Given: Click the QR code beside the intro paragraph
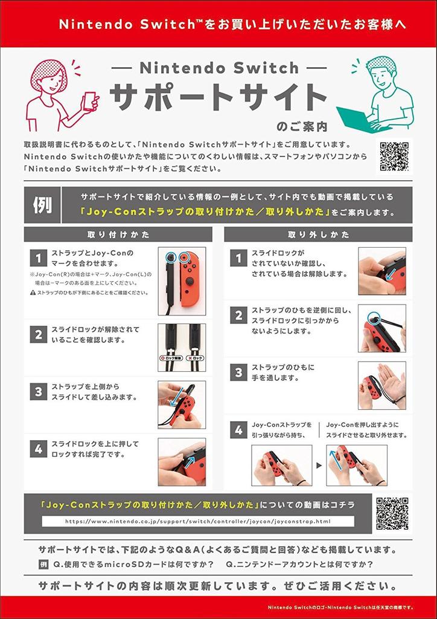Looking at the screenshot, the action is pyautogui.click(x=394, y=157).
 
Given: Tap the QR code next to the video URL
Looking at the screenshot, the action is pyautogui.click(x=392, y=513).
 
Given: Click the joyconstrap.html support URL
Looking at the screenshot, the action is pyautogui.click(x=197, y=522).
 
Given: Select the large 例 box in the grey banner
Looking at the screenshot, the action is pyautogui.click(x=42, y=206).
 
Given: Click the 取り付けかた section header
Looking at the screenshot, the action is pyautogui.click(x=118, y=235).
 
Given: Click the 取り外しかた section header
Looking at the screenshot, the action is pyautogui.click(x=318, y=235).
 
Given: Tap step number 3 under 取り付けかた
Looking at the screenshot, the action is pyautogui.click(x=39, y=392).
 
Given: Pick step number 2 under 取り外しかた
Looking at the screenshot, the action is pyautogui.click(x=238, y=316).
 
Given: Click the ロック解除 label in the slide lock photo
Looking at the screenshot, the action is pyautogui.click(x=170, y=358).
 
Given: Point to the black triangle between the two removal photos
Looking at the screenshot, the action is pyautogui.click(x=319, y=465).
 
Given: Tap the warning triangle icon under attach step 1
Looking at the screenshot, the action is pyautogui.click(x=33, y=293).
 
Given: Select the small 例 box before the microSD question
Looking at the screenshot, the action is pyautogui.click(x=43, y=564).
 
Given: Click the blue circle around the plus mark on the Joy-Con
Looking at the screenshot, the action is pyautogui.click(x=183, y=258).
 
